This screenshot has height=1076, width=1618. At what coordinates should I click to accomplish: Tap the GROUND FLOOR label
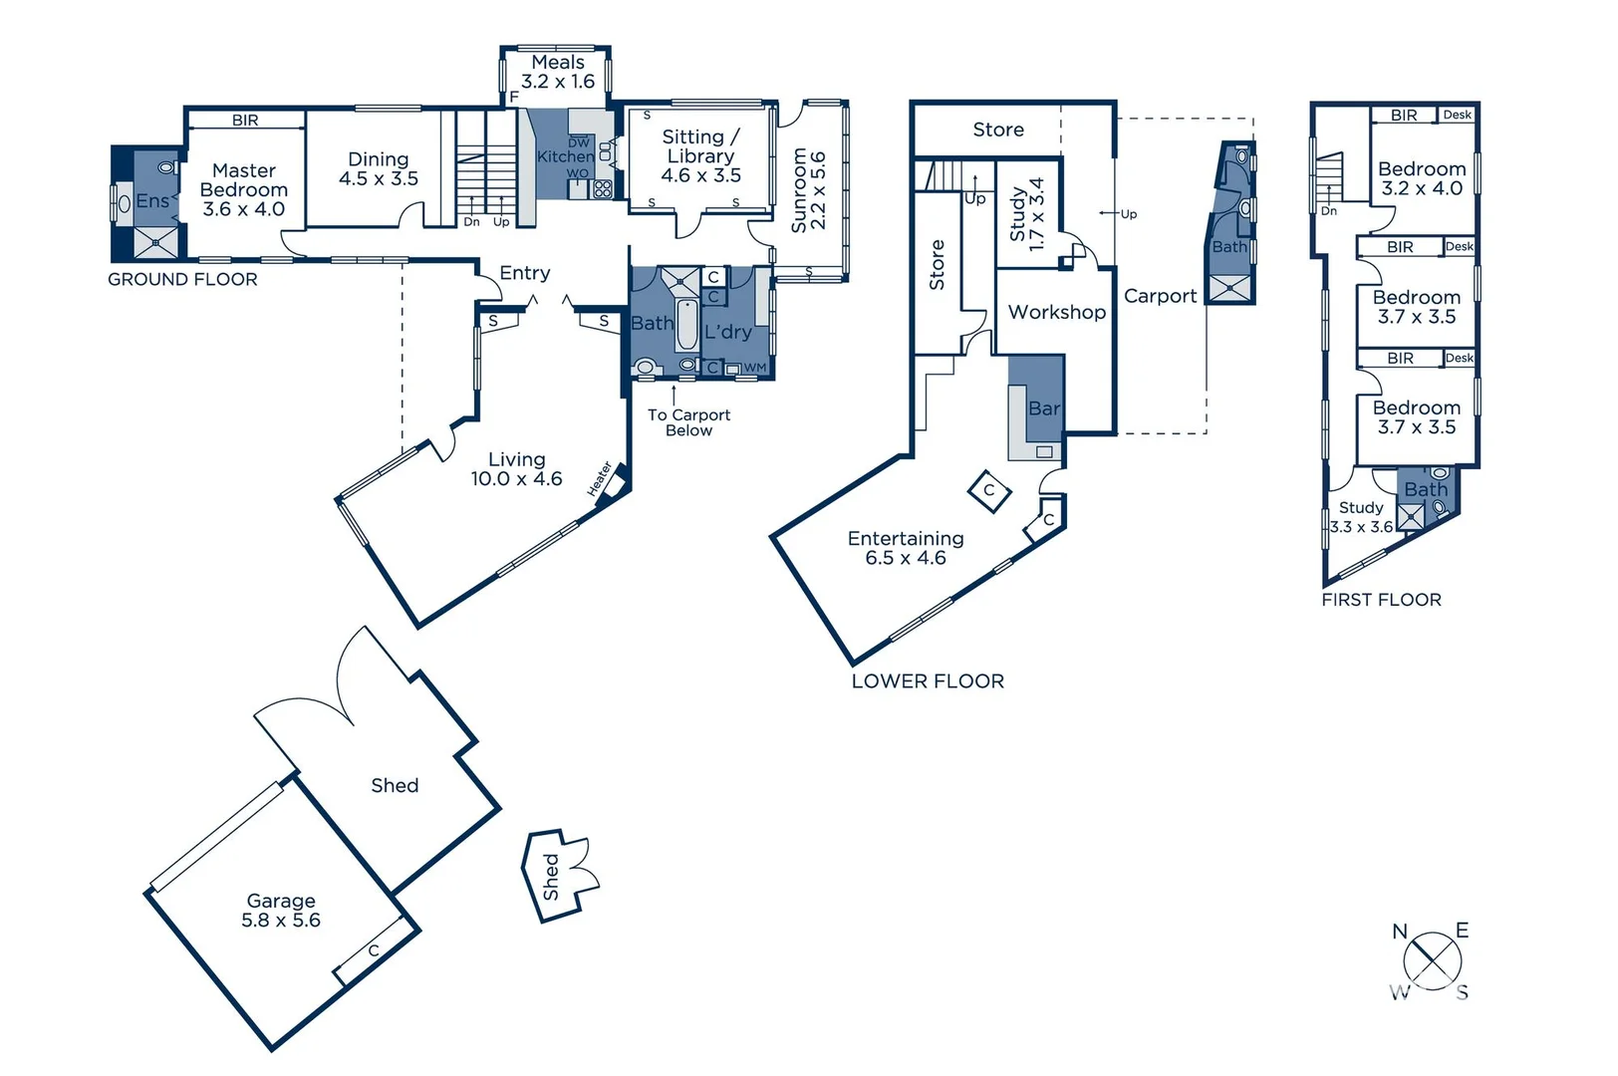tap(182, 280)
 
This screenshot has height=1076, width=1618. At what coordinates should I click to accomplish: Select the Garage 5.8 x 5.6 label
tap(281, 911)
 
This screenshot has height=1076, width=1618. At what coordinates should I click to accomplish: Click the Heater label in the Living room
tap(599, 479)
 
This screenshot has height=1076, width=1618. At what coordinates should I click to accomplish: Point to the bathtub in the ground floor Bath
tap(686, 325)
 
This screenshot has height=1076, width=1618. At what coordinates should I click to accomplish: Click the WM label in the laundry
tap(755, 368)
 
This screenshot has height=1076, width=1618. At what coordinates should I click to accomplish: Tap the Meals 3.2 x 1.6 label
tap(558, 72)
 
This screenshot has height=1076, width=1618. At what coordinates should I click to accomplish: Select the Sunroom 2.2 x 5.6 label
tap(808, 190)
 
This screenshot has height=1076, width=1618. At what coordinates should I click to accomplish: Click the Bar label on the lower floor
tap(1043, 408)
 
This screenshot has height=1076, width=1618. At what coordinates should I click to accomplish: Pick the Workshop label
tap(1056, 312)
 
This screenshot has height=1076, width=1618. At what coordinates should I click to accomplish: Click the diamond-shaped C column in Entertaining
tap(989, 490)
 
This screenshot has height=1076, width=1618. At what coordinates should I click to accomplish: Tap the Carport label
tap(1160, 296)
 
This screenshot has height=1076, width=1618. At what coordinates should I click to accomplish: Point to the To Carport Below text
tap(688, 422)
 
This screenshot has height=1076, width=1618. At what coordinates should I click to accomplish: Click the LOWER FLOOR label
tap(928, 681)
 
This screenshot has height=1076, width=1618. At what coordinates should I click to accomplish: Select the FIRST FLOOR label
tap(1381, 600)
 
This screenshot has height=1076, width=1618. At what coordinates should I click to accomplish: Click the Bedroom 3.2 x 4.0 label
tap(1421, 178)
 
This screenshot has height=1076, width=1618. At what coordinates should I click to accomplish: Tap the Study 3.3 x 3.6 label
tap(1361, 517)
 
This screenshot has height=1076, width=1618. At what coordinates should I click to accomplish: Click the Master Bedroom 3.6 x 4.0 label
tap(243, 189)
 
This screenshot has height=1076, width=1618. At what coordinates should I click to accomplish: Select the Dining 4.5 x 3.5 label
tap(378, 168)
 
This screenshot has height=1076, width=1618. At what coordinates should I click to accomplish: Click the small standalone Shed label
tap(551, 876)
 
